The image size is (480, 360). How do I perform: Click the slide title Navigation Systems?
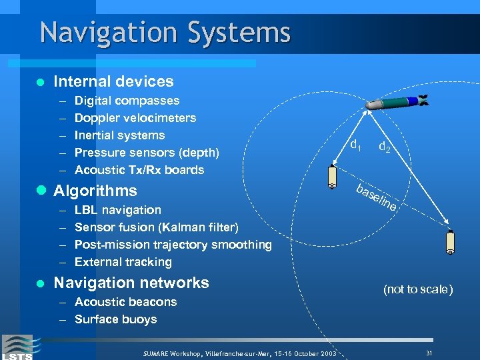pyautogui.click(x=165, y=33)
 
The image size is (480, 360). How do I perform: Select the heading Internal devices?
pyautogui.click(x=113, y=82)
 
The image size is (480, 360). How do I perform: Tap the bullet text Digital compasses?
pyautogui.click(x=127, y=101)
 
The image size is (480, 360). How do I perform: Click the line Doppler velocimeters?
pyautogui.click(x=135, y=119)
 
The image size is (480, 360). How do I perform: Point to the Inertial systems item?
pyautogui.click(x=119, y=136)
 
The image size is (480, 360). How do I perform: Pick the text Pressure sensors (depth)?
pyautogui.click(x=147, y=153)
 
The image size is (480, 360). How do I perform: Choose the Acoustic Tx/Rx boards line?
pyautogui.click(x=139, y=170)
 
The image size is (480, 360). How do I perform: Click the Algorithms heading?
pyautogui.click(x=95, y=191)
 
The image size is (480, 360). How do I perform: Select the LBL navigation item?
pyautogui.click(x=118, y=211)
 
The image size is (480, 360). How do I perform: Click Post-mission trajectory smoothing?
pyautogui.click(x=173, y=245)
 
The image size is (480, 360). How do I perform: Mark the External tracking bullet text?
pyautogui.click(x=123, y=263)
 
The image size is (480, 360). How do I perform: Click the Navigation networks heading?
pyautogui.click(x=131, y=283)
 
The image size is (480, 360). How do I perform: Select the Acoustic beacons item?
pyautogui.click(x=125, y=303)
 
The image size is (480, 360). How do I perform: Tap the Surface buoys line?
pyautogui.click(x=115, y=320)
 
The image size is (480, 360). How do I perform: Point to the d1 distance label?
pyautogui.click(x=356, y=143)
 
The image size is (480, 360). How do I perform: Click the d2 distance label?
pyautogui.click(x=385, y=147)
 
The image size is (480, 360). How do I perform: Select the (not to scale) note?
pyautogui.click(x=417, y=290)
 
